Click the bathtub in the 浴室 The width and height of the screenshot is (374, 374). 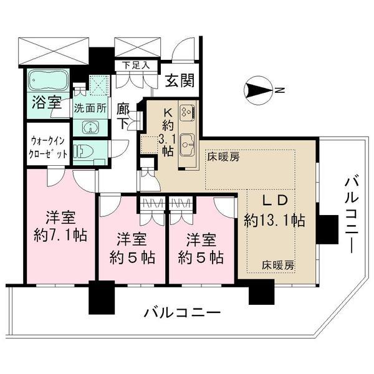pyautogui.click(x=49, y=82)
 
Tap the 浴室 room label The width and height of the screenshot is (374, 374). pyautogui.click(x=47, y=103)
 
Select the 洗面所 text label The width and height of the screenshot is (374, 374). pyautogui.click(x=90, y=107)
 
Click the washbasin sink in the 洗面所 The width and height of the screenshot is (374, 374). pyautogui.click(x=90, y=128)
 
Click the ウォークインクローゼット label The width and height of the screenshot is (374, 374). pyautogui.click(x=47, y=148)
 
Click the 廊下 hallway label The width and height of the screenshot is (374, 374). pyautogui.click(x=124, y=115)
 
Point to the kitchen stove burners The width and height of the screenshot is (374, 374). pyautogui.click(x=186, y=112)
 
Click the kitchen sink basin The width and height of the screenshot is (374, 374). pyautogui.click(x=187, y=142)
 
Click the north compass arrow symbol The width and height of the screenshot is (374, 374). pyautogui.click(x=258, y=91)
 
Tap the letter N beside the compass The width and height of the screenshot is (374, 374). pyautogui.click(x=280, y=91)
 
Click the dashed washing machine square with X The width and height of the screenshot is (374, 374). pyautogui.click(x=98, y=86)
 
